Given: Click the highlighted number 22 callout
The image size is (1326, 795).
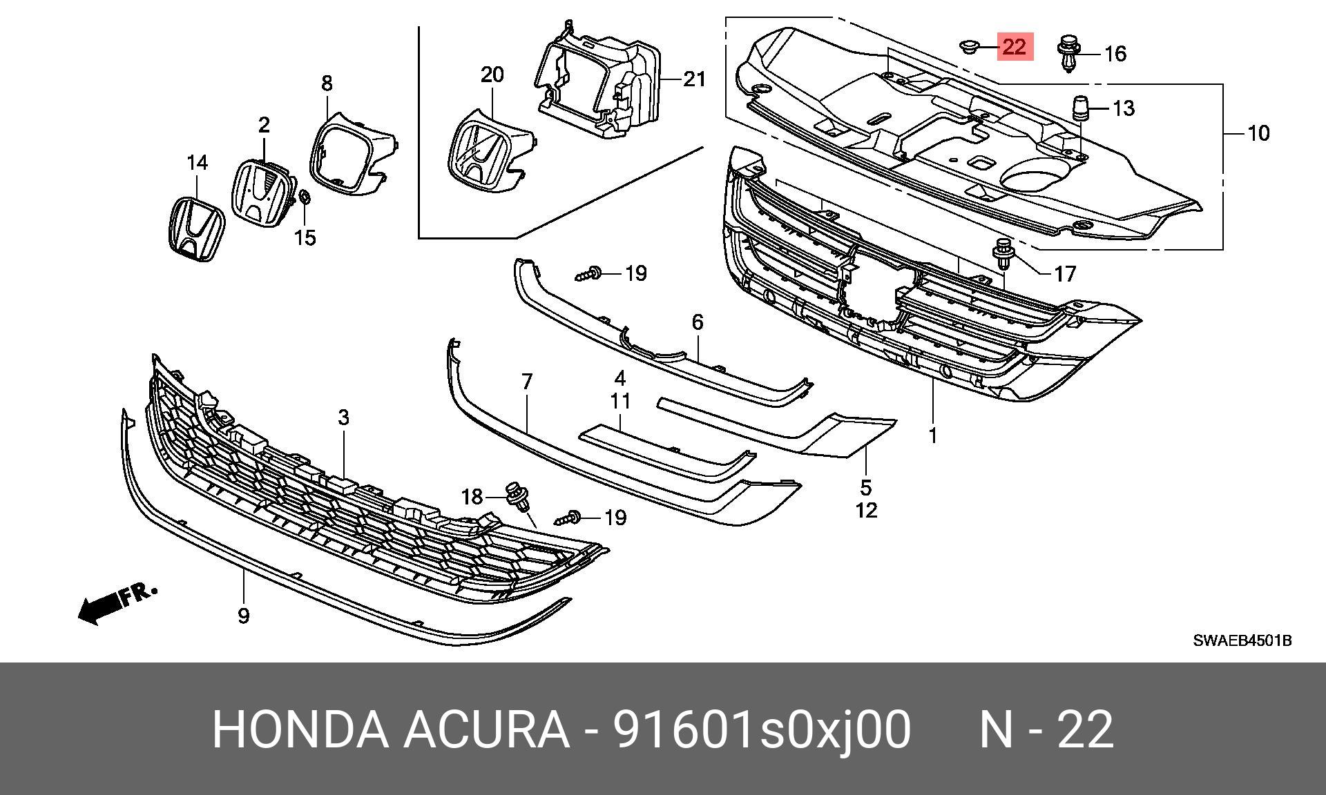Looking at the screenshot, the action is coord(1015,47).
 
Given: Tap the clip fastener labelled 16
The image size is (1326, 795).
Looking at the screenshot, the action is coord(1068,54).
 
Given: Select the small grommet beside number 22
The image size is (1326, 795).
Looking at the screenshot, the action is coord(967,46).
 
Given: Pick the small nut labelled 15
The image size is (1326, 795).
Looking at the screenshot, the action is coord(305,199).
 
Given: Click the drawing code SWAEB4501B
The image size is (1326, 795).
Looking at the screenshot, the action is coord(1242,640).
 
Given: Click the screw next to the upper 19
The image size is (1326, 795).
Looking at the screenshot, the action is coord(587,275).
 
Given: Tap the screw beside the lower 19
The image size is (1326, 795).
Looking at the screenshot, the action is coord(568,517).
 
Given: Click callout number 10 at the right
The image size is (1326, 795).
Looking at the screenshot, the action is coord(1258,132).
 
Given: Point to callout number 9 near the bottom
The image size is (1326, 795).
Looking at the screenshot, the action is coord(243,616).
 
